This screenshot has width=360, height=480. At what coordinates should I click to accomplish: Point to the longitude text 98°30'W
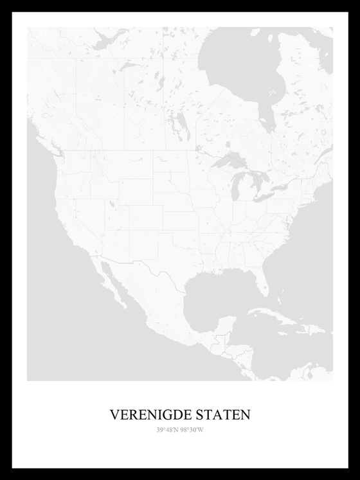[x=192, y=430]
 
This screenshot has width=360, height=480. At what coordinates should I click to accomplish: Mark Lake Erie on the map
[x=270, y=195]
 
